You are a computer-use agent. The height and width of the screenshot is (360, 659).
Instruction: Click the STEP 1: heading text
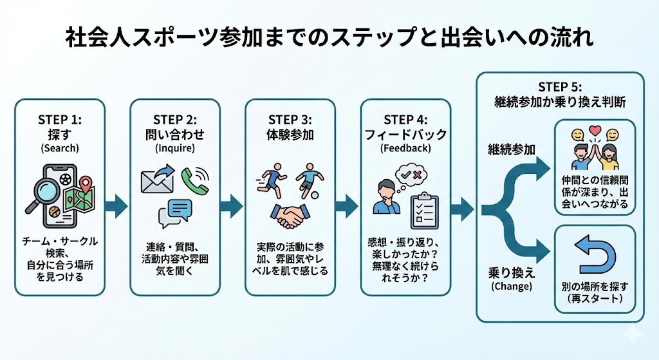click(x=60, y=120)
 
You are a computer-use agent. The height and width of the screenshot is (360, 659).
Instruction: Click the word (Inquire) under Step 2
click(x=175, y=147)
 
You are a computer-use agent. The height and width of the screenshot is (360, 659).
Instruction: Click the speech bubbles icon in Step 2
click(x=175, y=213)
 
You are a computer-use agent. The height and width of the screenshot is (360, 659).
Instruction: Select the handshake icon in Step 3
click(x=289, y=216)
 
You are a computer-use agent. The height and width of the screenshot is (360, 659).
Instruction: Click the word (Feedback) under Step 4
click(x=405, y=147)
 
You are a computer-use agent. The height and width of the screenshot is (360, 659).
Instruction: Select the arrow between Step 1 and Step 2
click(x=116, y=206)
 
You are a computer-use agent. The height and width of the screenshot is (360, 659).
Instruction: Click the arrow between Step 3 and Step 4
click(x=346, y=206)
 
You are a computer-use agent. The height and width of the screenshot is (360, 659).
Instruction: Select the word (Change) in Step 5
click(x=512, y=287)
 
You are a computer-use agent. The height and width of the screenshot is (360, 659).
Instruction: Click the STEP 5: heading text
click(x=560, y=87)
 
